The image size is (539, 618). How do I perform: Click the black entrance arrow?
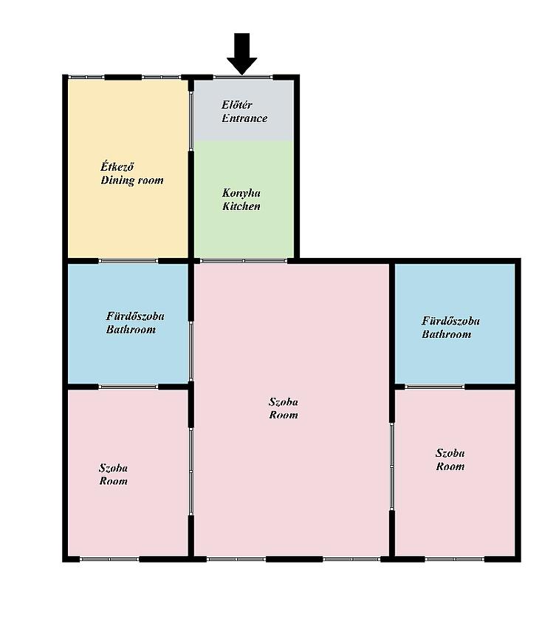241,53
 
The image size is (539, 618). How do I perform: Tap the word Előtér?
236,105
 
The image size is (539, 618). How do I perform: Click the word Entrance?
244,118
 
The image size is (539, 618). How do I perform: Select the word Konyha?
241,193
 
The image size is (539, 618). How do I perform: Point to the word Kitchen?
241,206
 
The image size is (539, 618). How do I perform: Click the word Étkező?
117,166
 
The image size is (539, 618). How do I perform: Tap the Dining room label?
132,180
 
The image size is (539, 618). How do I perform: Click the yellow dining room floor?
128,221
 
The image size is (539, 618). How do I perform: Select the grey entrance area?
244,130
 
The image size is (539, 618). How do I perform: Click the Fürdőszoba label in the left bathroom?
135,316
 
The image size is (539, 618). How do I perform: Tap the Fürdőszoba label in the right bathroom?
451,321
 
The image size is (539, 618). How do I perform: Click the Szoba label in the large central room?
284,401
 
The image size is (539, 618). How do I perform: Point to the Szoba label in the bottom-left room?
114,468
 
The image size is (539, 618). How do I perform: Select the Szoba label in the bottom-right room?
450,453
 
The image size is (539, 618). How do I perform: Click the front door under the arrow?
243,77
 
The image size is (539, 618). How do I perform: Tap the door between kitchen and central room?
244,261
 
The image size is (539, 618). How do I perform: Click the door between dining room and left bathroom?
128,261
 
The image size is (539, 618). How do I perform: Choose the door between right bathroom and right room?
435,387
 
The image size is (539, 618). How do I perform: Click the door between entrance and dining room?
191,120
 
